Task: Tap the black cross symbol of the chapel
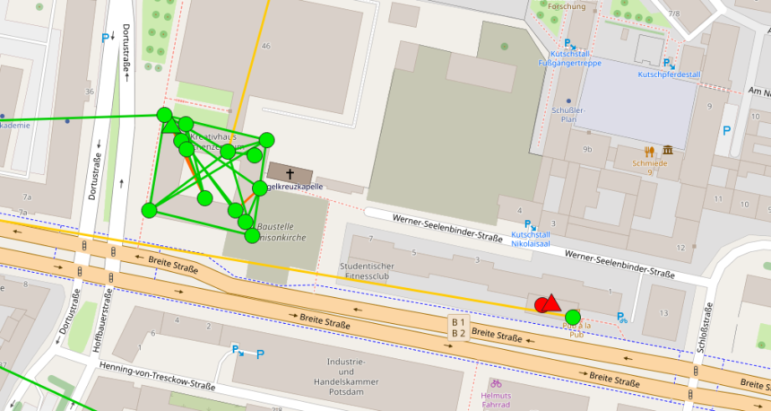290,173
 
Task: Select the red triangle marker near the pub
551,303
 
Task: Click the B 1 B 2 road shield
458,328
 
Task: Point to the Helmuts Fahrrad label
496,400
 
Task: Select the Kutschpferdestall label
666,74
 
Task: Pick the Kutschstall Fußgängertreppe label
569,57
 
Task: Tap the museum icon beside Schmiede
669,150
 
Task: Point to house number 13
663,313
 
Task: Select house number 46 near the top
265,46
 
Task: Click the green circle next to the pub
572,316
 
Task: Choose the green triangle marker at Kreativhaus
170,125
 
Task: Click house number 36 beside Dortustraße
89,91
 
